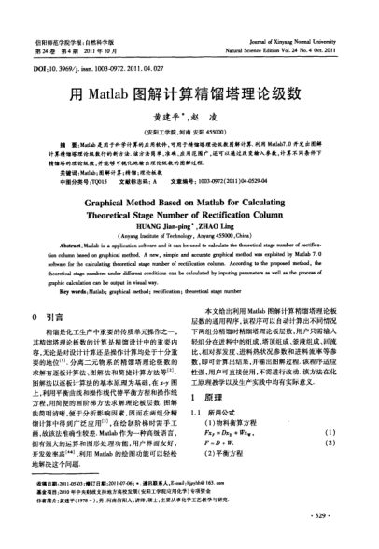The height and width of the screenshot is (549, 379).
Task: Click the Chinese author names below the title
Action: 189,120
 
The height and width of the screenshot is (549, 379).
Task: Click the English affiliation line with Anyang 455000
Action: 189,240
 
